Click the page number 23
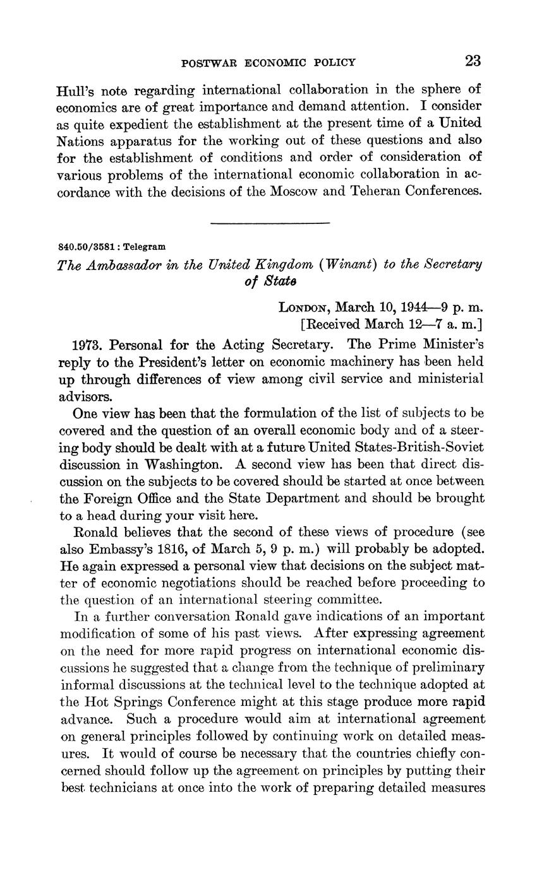coord(473,61)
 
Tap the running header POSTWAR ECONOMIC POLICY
coord(268,62)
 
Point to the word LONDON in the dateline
coord(304,308)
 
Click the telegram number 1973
coord(88,345)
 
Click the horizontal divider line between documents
coord(270,223)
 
